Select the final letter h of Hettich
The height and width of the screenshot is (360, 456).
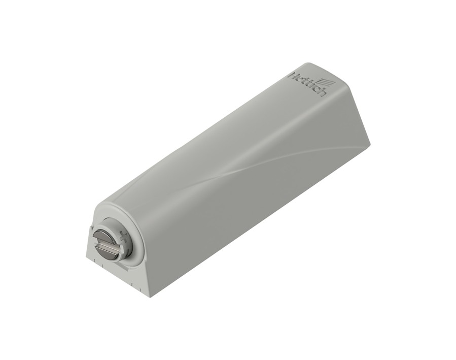pyautogui.click(x=322, y=92)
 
